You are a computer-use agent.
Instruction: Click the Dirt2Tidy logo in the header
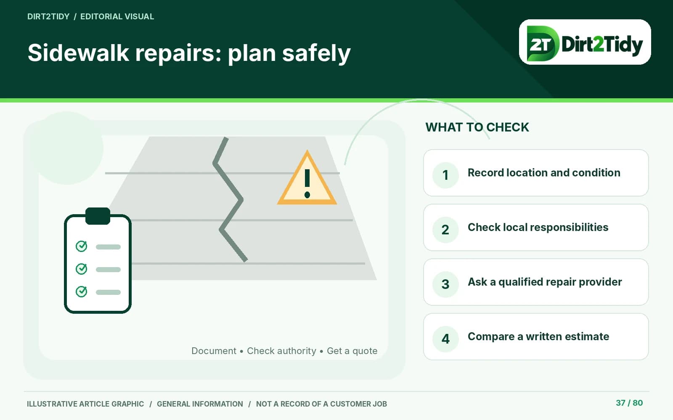585,42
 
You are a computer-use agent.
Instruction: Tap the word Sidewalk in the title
78,52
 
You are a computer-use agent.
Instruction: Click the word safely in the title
316,53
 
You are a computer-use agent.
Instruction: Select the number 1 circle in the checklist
445,175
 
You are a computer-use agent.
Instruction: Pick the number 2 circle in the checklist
445,230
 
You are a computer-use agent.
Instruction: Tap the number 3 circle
445,284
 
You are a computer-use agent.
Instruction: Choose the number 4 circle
445,339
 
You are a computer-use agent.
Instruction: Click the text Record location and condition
544,173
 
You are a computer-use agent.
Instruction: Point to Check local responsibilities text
538,227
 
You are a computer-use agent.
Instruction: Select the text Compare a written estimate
538,336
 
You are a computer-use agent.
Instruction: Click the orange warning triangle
307,178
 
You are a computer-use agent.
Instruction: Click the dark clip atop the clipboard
98,216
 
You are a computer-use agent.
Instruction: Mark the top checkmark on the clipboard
81,246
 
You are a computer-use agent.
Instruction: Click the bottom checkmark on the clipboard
81,291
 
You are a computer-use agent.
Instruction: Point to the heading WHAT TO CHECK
477,127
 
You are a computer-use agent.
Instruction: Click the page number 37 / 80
629,403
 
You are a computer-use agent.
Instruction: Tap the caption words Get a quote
352,351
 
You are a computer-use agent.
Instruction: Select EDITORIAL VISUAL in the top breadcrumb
117,16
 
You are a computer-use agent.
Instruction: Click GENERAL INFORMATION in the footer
200,404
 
